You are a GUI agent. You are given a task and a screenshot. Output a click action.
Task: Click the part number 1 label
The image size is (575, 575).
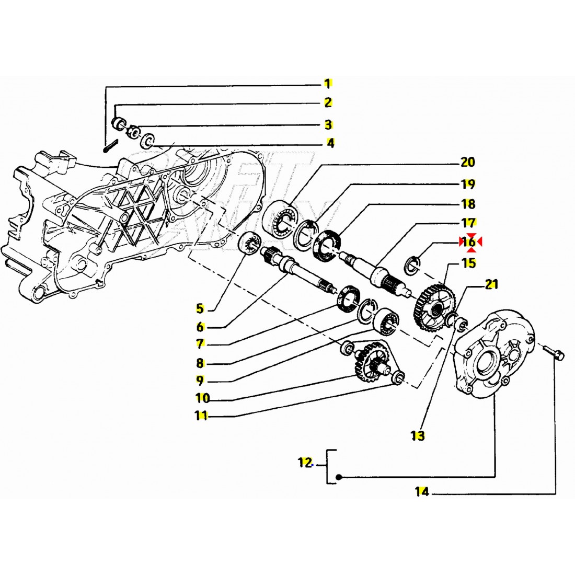[328, 84]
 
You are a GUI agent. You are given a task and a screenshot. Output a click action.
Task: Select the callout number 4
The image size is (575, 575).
[330, 143]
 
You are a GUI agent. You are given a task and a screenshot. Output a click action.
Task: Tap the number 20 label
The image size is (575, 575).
[468, 162]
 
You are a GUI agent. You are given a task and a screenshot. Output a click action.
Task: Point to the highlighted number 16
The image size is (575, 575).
[469, 242]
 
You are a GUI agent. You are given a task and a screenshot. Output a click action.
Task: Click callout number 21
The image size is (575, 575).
[491, 285]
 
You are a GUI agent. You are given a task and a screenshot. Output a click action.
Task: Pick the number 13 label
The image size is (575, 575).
[418, 435]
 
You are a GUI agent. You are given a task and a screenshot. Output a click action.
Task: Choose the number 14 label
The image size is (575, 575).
[422, 491]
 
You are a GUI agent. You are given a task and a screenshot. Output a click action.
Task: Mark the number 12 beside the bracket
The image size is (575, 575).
[305, 463]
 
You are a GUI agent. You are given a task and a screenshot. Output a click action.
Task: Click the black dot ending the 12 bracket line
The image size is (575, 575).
[339, 477]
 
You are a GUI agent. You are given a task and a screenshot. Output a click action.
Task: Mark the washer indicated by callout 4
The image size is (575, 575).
[148, 140]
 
